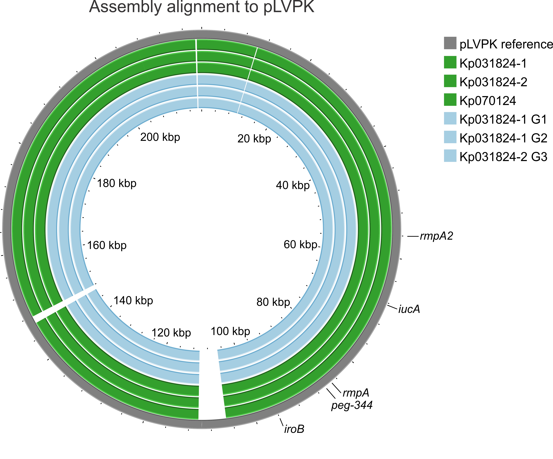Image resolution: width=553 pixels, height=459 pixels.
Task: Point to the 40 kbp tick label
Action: coord(293,186)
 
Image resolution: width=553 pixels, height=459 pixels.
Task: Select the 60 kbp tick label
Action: coord(300,245)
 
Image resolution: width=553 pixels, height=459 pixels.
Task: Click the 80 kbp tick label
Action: coord(273,302)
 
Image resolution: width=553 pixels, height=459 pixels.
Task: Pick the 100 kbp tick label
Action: coord(230,331)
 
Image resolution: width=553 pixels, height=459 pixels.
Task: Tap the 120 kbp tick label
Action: coord(171,333)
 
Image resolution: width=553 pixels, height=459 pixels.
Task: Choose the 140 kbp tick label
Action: coord(133,301)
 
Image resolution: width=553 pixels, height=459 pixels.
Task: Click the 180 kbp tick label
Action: coord(117,183)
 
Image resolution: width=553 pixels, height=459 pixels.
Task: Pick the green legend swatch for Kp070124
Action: coord(450,100)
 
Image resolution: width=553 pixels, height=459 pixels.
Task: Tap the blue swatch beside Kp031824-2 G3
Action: coord(450,156)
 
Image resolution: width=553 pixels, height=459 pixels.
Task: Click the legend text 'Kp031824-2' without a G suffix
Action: coord(493,82)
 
